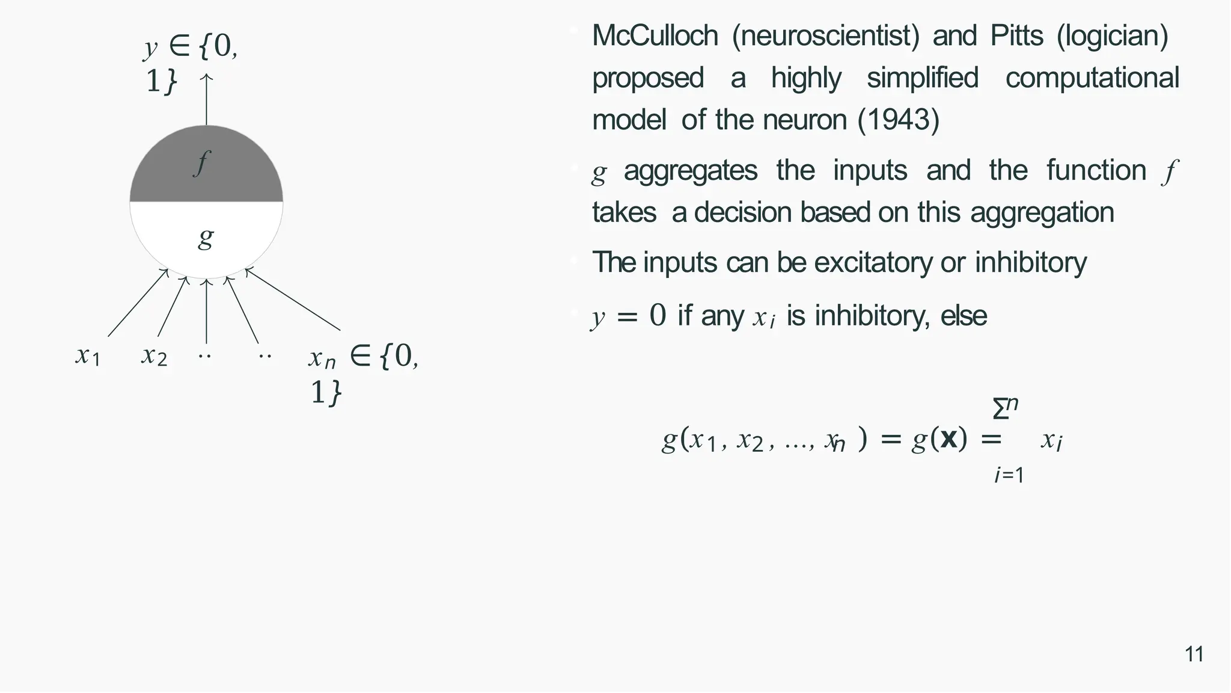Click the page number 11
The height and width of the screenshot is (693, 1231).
pyautogui.click(x=1194, y=654)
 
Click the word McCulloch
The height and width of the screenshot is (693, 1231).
pyautogui.click(x=655, y=35)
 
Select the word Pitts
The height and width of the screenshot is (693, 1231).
pyautogui.click(x=1016, y=35)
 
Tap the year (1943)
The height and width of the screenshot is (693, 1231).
pyautogui.click(x=898, y=120)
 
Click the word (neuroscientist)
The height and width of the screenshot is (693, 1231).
pyautogui.click(x=825, y=35)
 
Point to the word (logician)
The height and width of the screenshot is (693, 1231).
pyautogui.click(x=1113, y=35)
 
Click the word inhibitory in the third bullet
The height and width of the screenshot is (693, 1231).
pyautogui.click(x=1030, y=262)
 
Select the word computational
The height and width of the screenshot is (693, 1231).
pyautogui.click(x=1092, y=78)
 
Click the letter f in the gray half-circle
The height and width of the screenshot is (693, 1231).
pyautogui.click(x=202, y=162)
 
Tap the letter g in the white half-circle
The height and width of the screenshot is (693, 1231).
pyautogui.click(x=206, y=238)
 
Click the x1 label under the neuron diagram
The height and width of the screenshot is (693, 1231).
pyautogui.click(x=88, y=356)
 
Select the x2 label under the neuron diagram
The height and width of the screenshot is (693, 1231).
pyautogui.click(x=154, y=356)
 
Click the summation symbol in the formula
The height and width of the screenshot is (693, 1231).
pyautogui.click(x=1001, y=410)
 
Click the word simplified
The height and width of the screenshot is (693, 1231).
pyautogui.click(x=923, y=78)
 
